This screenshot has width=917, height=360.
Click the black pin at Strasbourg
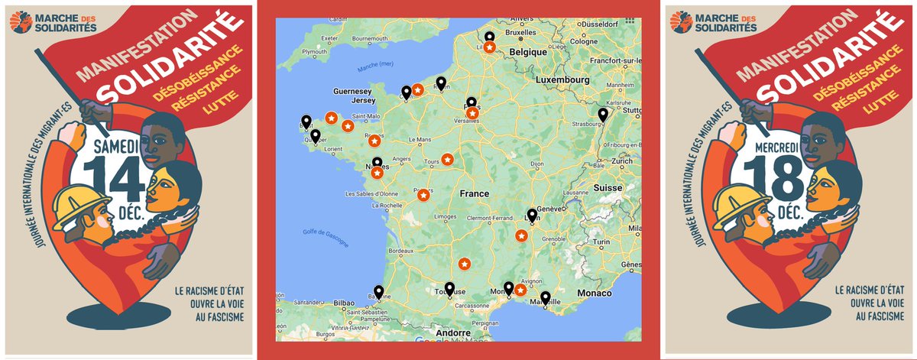tap(603, 115)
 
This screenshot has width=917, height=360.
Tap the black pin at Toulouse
tap(449, 289)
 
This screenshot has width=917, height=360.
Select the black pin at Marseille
tap(545, 298)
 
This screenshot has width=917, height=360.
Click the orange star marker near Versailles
tap(472, 113)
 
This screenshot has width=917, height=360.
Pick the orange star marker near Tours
tap(447, 159)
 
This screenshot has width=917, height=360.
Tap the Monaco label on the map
tap(598, 294)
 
